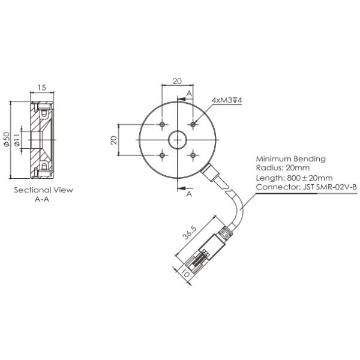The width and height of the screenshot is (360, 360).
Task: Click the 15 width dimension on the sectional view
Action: [41, 88]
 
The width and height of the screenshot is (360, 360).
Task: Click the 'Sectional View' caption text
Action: [43, 190]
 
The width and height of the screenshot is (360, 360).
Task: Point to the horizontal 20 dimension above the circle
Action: [177, 81]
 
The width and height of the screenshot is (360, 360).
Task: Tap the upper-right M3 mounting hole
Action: [193, 125]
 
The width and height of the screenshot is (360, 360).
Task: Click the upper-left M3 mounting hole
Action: [162, 125]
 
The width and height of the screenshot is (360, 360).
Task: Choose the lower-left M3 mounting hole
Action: [162, 155]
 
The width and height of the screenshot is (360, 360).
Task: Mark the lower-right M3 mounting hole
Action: [193, 155]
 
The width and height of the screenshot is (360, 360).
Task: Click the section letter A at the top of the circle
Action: [188, 94]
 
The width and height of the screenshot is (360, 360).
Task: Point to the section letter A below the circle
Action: [189, 194]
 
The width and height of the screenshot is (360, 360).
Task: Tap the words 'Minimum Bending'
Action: [290, 159]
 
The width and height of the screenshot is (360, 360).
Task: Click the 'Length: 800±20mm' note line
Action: [294, 178]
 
